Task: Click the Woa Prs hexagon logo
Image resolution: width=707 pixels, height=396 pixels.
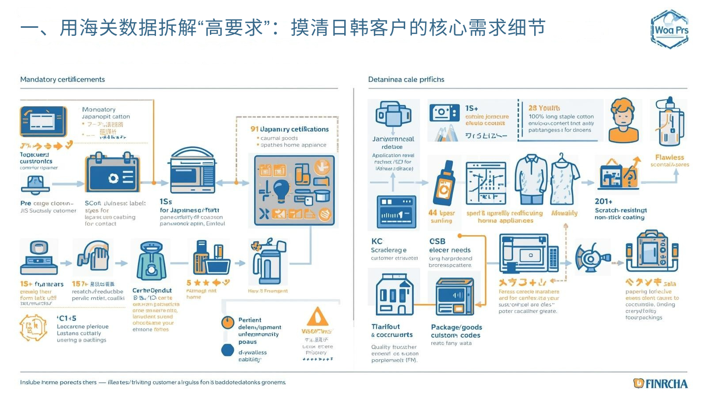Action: tap(669, 29)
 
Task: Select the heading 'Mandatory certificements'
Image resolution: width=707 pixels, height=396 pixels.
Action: tap(62, 80)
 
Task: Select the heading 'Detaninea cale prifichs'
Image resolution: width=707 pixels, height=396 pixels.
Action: tap(406, 80)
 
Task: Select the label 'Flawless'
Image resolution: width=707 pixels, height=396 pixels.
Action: tap(669, 157)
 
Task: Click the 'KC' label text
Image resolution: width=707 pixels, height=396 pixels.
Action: tap(377, 241)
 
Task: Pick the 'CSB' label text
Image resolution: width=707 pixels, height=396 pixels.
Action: tap(437, 241)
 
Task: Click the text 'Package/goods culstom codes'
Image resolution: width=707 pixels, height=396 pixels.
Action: tap(456, 331)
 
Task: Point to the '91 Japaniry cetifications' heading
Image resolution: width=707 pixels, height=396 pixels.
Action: tap(289, 129)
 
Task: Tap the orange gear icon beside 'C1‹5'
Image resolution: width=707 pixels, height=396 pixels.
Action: tap(33, 327)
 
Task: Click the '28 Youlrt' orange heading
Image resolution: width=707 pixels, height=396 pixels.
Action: tap(544, 108)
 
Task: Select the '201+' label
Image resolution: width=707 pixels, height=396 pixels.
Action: tap(604, 202)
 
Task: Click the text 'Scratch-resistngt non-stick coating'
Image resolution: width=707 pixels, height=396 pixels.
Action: tap(620, 214)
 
